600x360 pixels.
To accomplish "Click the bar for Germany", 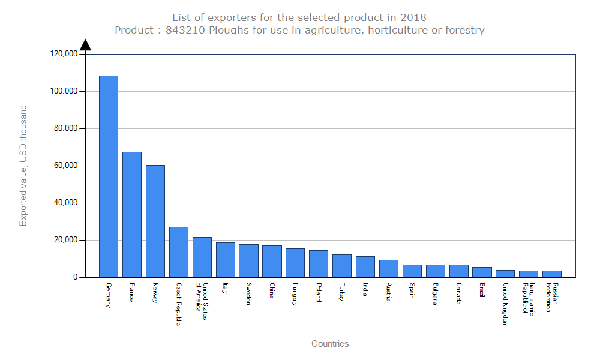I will [109, 176].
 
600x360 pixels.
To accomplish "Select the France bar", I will [132, 214].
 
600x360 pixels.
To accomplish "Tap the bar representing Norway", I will [155, 221].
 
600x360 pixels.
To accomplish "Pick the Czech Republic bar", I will [179, 252].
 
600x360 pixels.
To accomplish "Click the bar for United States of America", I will [202, 257].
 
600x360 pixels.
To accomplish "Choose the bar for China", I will [272, 261].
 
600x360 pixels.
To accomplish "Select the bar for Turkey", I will [342, 266].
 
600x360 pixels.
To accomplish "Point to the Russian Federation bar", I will [552, 274].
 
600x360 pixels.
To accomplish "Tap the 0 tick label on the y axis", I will [76, 277].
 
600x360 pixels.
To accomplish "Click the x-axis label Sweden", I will [248, 294].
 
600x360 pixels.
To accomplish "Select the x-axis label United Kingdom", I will [505, 304].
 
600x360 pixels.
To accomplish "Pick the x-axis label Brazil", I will [482, 292].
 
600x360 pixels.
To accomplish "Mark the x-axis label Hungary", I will [295, 295].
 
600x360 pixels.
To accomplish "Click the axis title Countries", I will [330, 344].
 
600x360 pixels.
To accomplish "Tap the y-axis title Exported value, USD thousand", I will [23, 166].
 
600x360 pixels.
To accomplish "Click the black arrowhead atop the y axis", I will [86, 45].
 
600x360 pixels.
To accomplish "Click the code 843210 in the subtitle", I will [186, 30].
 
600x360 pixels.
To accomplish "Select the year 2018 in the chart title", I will [413, 17].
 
